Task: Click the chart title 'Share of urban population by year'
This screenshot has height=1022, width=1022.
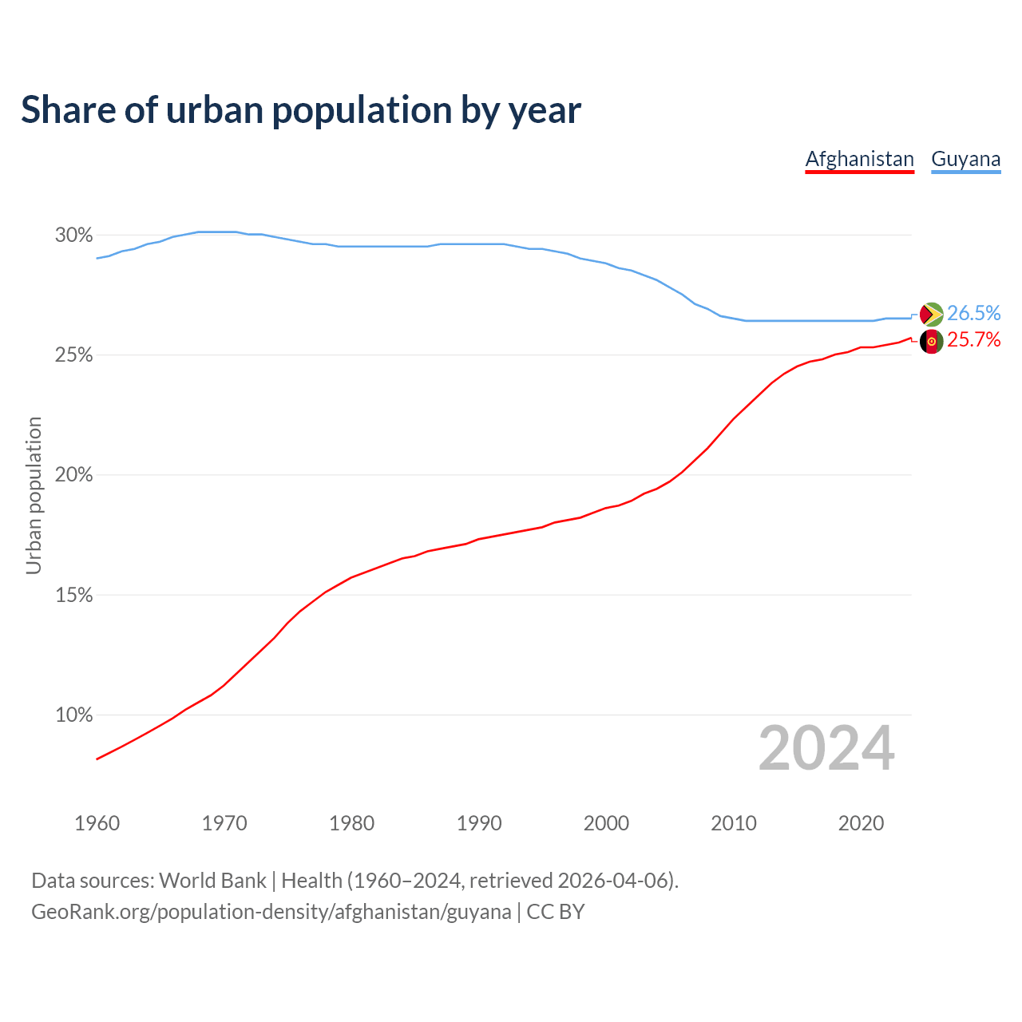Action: coord(301,110)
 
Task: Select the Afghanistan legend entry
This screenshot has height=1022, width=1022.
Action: coord(859,159)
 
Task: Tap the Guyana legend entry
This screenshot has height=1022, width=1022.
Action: coord(965,159)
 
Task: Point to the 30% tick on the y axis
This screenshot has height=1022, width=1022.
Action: coord(73,236)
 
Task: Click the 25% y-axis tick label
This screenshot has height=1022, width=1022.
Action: coord(73,355)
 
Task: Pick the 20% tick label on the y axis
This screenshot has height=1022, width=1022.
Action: coord(73,475)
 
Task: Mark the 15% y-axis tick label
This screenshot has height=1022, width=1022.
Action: coord(73,596)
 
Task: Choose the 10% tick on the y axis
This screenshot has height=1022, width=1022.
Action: coord(73,715)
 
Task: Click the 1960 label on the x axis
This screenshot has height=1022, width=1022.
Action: coord(97,823)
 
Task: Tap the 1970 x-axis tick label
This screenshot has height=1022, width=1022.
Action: coord(224,823)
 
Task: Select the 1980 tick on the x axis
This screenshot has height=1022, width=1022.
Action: coord(351,823)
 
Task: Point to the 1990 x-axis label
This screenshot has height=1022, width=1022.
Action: coord(479,823)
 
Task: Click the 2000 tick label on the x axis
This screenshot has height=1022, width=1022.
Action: coord(606,823)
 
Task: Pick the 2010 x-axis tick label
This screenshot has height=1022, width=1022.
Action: coord(734,823)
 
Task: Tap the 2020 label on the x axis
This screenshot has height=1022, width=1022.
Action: coord(861,823)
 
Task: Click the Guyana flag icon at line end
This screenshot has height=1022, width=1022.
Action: coord(931,314)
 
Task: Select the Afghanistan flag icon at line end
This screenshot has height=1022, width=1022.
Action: coord(931,341)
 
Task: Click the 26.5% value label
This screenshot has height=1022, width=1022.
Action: coord(973,313)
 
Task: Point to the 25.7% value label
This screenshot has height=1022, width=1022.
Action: coord(973,340)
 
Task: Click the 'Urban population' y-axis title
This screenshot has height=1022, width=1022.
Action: coord(34,495)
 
